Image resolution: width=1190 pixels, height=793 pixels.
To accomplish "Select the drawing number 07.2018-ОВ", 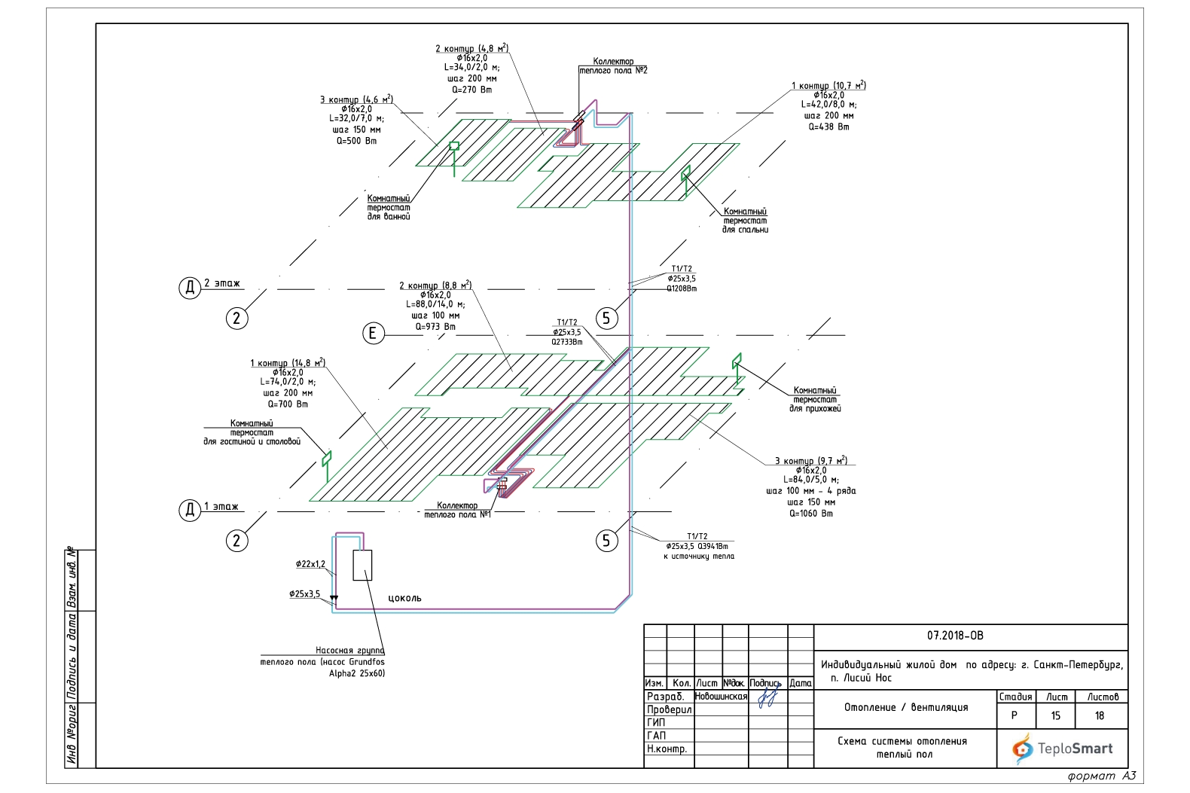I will (x=954, y=636).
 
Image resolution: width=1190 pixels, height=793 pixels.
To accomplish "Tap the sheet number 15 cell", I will (x=1055, y=715).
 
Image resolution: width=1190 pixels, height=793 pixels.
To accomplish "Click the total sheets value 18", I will (x=1099, y=715).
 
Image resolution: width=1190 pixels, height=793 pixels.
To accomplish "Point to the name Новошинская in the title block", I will (x=720, y=697).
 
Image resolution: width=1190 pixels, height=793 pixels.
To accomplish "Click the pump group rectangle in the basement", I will (x=362, y=565).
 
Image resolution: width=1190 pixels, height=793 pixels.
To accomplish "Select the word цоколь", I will (x=404, y=598).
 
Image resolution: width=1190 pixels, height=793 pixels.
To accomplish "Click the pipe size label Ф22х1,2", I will (x=310, y=564).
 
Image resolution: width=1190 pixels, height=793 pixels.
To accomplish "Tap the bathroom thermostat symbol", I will (x=454, y=146).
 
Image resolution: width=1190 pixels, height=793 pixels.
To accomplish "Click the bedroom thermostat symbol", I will (x=685, y=173).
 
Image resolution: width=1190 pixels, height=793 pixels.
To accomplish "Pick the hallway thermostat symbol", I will (x=737, y=361).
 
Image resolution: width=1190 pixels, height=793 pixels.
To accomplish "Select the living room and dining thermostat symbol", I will (x=326, y=457).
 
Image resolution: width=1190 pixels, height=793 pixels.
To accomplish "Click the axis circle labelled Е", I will (x=373, y=333).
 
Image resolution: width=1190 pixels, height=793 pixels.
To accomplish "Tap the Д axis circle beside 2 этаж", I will (x=189, y=287).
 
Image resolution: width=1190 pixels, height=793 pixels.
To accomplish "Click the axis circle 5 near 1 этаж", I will (x=606, y=540).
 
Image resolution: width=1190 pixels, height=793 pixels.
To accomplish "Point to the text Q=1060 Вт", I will (x=810, y=514).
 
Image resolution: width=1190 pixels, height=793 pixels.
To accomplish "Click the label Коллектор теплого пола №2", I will (x=613, y=66).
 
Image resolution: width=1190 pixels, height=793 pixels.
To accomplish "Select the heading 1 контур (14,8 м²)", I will (x=287, y=363).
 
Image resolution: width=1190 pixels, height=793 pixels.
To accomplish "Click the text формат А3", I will (x=1101, y=776).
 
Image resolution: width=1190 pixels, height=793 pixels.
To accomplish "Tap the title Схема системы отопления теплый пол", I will (x=902, y=747).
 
